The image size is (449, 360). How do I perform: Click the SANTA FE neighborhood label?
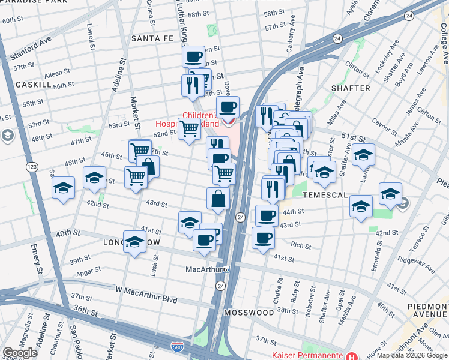pyautogui.click(x=152, y=38)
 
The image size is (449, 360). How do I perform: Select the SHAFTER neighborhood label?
pyautogui.click(x=351, y=88)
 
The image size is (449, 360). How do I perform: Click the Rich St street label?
pyautogui.click(x=301, y=245)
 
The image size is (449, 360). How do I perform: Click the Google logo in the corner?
pyautogui.click(x=20, y=353)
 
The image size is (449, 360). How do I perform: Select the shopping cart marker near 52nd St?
pyautogui.click(x=189, y=128)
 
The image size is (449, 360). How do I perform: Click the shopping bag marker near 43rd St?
pyautogui.click(x=218, y=198)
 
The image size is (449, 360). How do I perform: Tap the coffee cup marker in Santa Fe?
pyautogui.click(x=193, y=57)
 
